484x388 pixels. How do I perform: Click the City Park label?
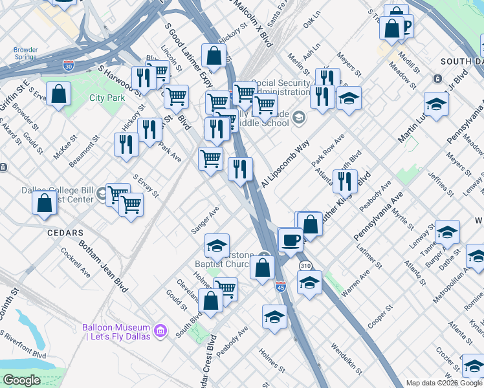(x=107, y=98)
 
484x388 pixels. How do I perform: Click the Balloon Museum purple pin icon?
(x=162, y=332)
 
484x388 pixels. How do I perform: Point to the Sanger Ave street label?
(x=205, y=220)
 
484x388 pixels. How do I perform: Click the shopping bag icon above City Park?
(x=59, y=94)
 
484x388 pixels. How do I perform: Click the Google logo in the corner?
(x=21, y=380)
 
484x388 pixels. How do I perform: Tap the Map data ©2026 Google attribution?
(x=444, y=383)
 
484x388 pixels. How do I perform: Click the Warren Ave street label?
(x=355, y=283)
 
